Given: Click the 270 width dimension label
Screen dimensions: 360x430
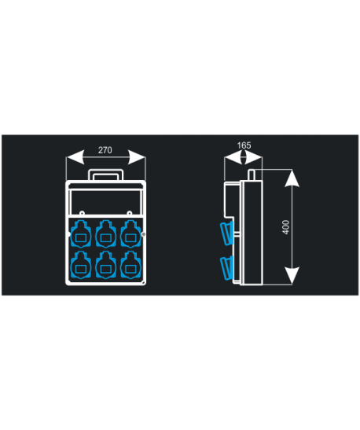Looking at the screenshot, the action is tap(105, 150).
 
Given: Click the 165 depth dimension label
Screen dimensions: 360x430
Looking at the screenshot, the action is tap(244, 145).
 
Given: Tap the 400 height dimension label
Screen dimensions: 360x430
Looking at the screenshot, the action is tap(285, 227).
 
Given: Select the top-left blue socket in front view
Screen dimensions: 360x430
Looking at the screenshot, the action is tap(81, 233).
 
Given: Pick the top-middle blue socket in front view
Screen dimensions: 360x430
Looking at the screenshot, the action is tap(105, 233).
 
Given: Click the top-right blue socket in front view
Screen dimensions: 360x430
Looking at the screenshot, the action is tap(130, 233).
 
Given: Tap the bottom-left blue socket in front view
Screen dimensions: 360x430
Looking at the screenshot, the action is tap(81, 265).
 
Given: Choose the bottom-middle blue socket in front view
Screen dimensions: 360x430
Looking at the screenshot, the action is tap(105, 265).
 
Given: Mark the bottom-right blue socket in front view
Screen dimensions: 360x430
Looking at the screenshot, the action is tap(130, 265).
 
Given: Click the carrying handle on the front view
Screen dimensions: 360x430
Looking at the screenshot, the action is tap(106, 171).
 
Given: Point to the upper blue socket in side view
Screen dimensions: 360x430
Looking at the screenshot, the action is tap(226, 233).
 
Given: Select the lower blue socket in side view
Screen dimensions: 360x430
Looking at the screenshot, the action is tap(226, 268).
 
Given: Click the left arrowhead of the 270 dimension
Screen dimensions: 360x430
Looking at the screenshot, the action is tap(75, 157).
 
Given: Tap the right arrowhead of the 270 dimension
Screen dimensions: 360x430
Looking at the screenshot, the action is tap(137, 157).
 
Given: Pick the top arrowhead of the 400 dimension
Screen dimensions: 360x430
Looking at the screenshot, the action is tap(292, 178).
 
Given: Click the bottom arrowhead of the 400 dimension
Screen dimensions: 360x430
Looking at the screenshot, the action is tap(292, 275).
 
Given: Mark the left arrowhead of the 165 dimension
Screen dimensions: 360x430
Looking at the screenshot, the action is tap(233, 157).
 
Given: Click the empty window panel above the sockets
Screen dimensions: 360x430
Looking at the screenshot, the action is tap(105, 202).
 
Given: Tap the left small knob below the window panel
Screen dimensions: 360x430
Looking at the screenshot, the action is tap(81, 213).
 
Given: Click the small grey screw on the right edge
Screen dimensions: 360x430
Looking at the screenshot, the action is tap(143, 234).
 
